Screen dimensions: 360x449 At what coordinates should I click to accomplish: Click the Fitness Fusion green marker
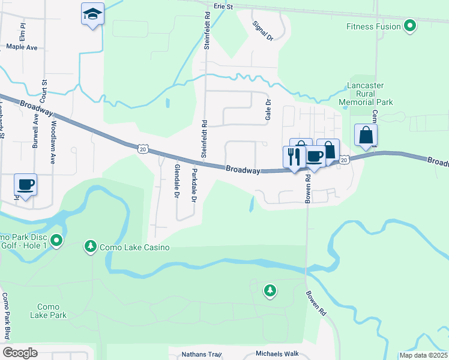click(411, 26)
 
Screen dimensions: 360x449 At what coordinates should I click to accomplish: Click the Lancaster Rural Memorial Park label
click(365, 94)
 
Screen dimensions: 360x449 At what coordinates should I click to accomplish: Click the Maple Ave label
click(22, 46)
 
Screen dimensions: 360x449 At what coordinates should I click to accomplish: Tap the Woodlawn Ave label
click(53, 142)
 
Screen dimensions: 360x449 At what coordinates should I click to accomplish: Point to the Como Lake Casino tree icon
click(91, 246)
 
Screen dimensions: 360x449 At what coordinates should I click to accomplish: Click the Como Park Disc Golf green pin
click(56, 241)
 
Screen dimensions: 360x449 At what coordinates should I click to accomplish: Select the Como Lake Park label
click(49, 310)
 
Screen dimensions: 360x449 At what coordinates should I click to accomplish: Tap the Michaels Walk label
click(277, 354)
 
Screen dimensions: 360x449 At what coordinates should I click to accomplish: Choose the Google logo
click(20, 353)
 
